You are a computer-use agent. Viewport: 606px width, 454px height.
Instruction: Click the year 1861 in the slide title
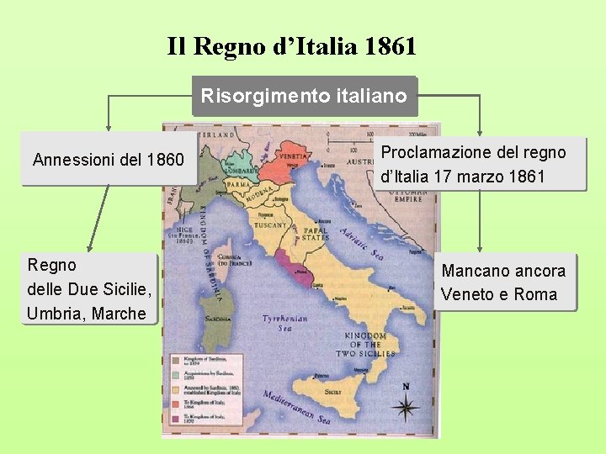[391, 46]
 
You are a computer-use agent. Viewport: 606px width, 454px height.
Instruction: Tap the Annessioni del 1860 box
[108, 157]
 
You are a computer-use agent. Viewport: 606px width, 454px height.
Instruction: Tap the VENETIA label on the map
[292, 156]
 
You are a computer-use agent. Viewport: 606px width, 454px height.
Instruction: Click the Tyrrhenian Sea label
[284, 324]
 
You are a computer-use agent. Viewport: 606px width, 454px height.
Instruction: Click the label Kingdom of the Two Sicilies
[365, 346]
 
